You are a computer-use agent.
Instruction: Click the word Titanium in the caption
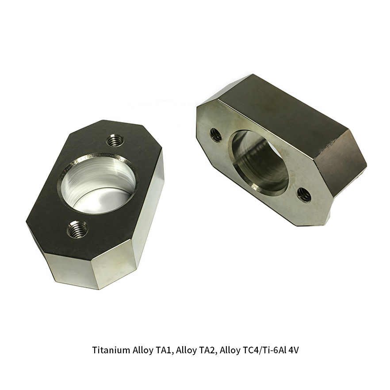pos(111,350)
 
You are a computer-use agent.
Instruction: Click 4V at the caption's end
pos(294,350)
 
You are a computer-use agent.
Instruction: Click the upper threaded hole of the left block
pos(115,141)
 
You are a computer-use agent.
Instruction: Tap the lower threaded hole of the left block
pos(77,229)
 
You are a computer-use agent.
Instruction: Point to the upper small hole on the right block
pos(216,135)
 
